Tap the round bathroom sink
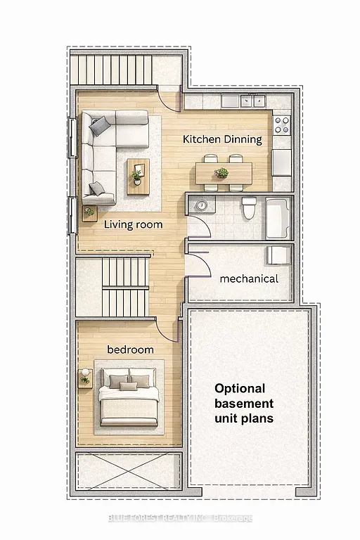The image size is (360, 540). (x=202, y=205)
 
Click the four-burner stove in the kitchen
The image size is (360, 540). (x=281, y=125)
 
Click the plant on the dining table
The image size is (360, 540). (x=222, y=172)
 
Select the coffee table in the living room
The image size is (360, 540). (x=139, y=176)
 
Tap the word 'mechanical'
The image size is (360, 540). (x=249, y=278)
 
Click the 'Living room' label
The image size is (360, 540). (x=134, y=225)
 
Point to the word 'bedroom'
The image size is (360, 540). (x=130, y=349)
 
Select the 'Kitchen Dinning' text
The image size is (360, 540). (x=222, y=139)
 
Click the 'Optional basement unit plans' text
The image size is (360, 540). (x=244, y=403)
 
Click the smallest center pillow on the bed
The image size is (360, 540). (x=128, y=386)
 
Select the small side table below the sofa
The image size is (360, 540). (x=89, y=212)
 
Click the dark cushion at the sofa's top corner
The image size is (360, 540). (x=98, y=125)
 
